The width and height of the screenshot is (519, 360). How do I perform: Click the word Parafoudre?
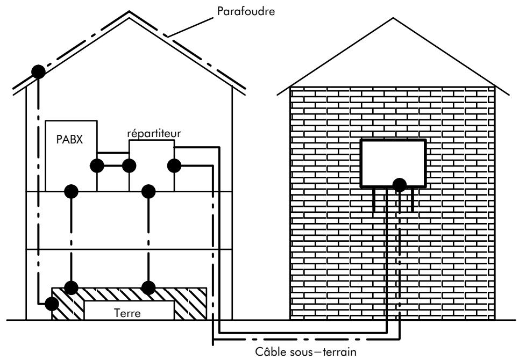click(x=246, y=11)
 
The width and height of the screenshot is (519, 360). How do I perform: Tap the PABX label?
click(x=69, y=139)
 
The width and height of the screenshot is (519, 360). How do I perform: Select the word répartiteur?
click(x=154, y=133)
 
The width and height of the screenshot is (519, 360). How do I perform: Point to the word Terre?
click(x=127, y=313)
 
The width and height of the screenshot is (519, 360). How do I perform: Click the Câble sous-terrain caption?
click(x=305, y=351)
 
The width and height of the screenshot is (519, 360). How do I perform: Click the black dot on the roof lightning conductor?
click(x=38, y=72)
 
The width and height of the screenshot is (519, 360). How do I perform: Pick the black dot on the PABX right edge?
click(x=97, y=165)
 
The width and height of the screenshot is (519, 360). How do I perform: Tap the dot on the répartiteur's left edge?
click(x=129, y=165)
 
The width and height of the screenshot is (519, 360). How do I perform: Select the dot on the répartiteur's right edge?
click(x=174, y=165)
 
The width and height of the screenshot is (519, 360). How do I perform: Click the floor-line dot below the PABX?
click(x=71, y=191)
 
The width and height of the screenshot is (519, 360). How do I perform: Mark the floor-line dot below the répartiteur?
click(x=148, y=191)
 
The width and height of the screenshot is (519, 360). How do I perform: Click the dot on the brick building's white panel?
click(x=400, y=185)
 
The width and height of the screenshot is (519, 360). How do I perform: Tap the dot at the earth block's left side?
click(x=52, y=304)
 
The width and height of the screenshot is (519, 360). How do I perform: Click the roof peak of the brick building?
click(x=393, y=18)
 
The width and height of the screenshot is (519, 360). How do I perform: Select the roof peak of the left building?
click(x=129, y=12)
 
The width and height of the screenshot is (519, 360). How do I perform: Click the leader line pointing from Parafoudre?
click(x=190, y=27)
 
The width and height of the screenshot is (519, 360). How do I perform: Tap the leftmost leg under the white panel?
click(x=374, y=200)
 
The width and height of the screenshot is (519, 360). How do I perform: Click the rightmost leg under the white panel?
click(x=413, y=200)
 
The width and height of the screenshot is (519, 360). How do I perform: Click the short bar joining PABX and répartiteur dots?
click(x=113, y=165)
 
